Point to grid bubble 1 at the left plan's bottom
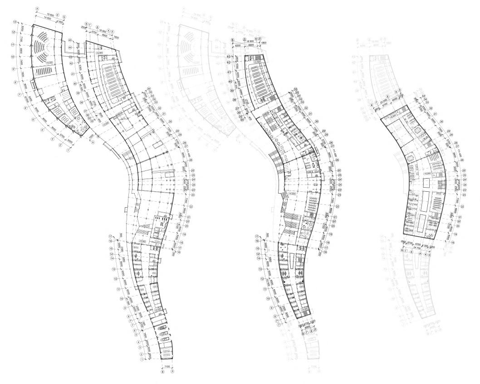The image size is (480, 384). tap(142, 360)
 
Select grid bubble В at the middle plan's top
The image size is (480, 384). tap(233, 40)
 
